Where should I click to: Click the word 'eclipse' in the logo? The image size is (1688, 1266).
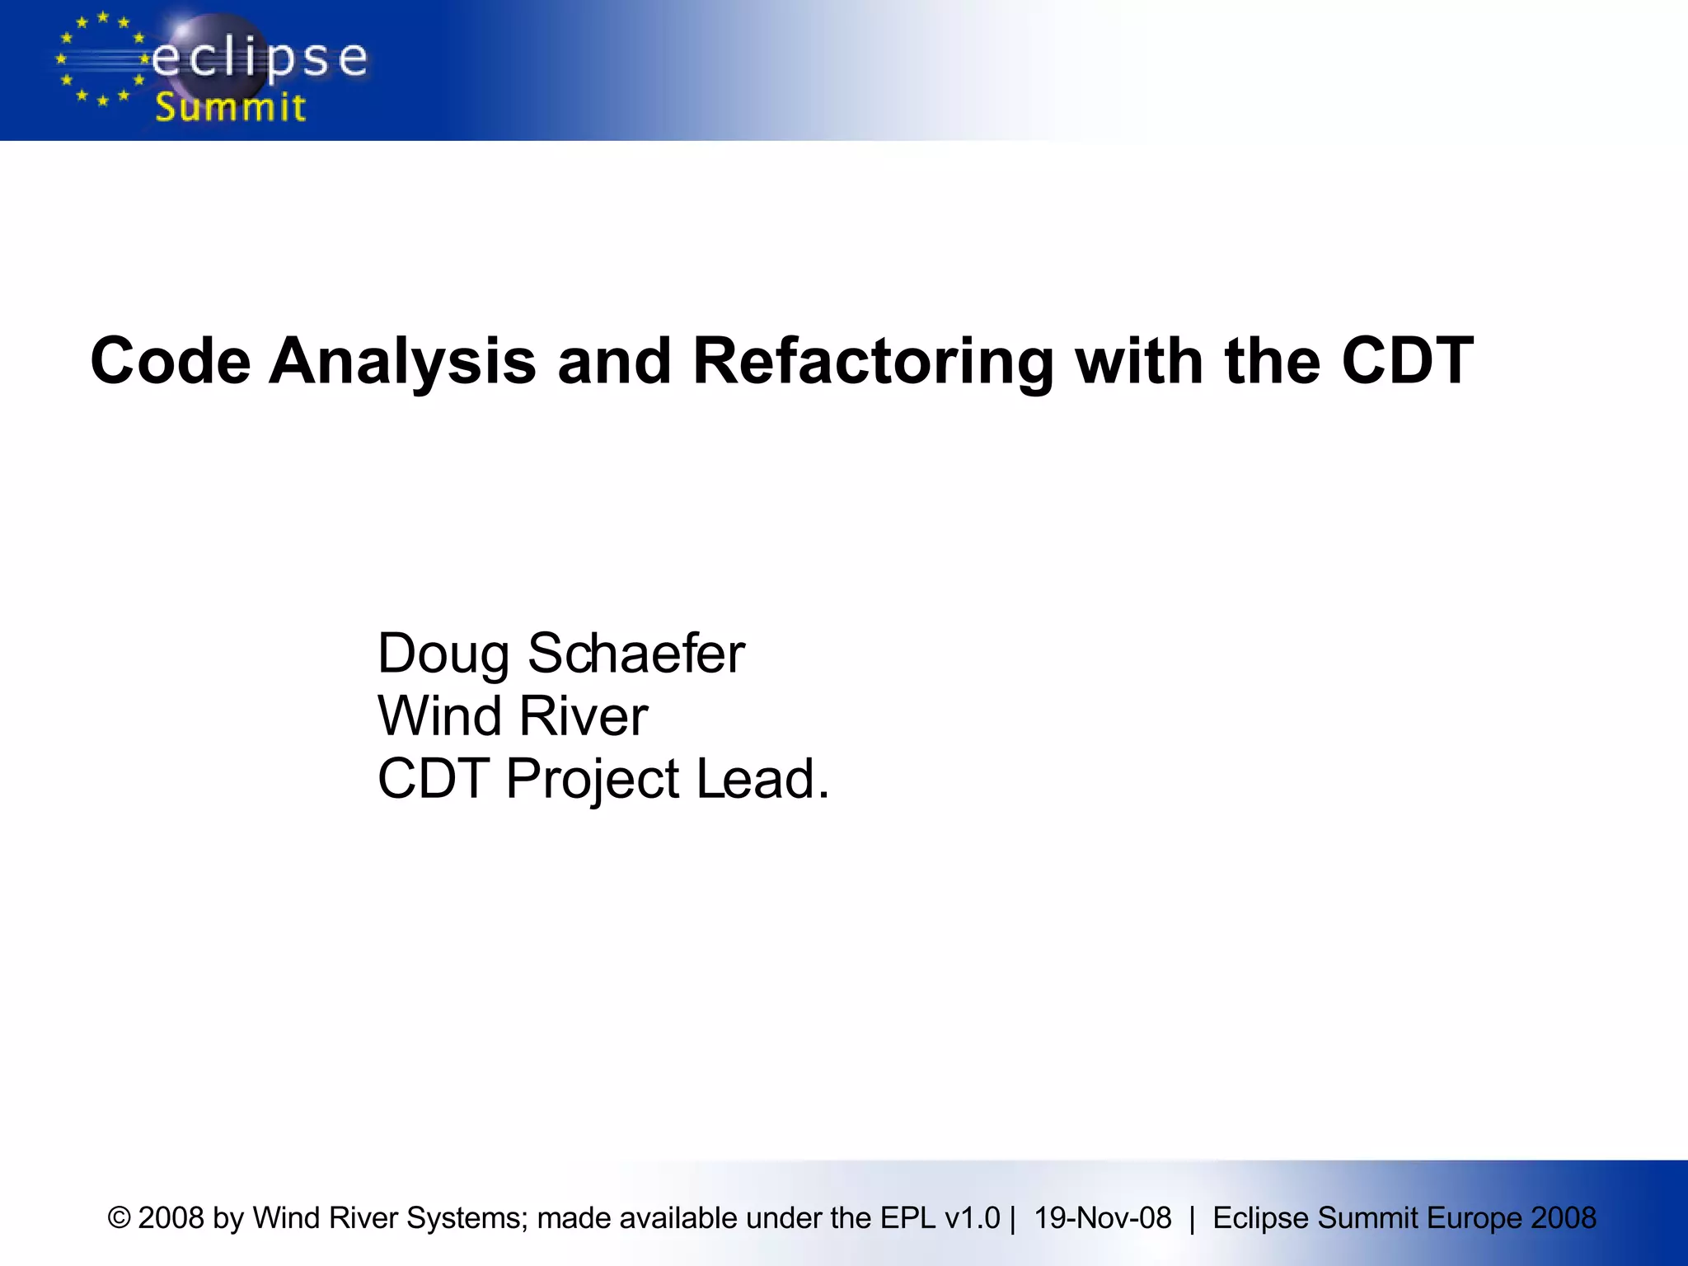coord(260,59)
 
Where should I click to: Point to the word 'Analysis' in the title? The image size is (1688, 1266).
coord(402,361)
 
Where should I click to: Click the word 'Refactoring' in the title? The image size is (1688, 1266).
coord(873,361)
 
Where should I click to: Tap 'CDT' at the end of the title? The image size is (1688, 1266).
coord(1407,361)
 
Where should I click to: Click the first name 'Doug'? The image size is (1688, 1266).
coord(443,654)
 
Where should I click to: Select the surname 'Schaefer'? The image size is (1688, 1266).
coord(635,654)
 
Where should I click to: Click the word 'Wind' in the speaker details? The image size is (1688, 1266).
coord(439,715)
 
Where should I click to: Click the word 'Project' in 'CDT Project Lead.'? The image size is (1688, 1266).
coord(593,779)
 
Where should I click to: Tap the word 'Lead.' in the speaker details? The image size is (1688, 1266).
coord(762,779)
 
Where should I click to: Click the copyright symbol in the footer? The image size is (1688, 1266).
coord(120,1218)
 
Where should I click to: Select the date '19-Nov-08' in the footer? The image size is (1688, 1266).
coord(1102,1218)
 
